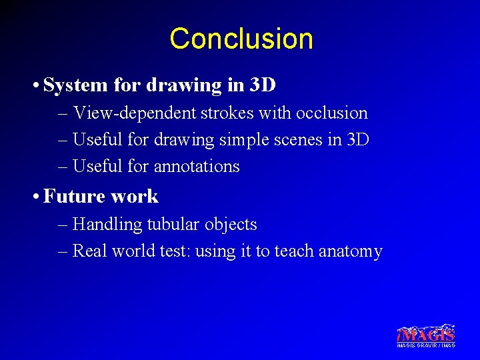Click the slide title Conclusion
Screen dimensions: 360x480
(241, 39)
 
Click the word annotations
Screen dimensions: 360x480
(195, 166)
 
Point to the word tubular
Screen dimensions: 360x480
(171, 225)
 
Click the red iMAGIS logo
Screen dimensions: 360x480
(426, 334)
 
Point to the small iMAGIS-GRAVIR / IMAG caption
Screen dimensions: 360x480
(426, 345)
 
